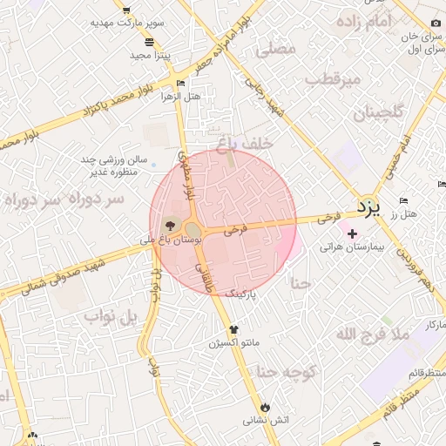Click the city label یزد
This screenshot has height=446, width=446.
(x=369, y=207)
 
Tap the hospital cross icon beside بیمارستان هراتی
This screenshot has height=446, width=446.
(x=352, y=234)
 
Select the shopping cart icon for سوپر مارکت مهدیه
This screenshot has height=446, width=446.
(x=127, y=10)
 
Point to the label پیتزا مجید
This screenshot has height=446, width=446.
(x=151, y=55)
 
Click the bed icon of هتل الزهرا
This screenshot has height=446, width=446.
(x=181, y=84)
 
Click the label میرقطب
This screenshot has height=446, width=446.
(x=332, y=81)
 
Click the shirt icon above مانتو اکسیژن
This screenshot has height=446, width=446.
(x=233, y=329)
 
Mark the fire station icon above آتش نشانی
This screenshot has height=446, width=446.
(x=265, y=407)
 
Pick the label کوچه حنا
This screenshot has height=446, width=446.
(x=284, y=373)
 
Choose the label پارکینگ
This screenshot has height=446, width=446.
(x=243, y=294)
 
